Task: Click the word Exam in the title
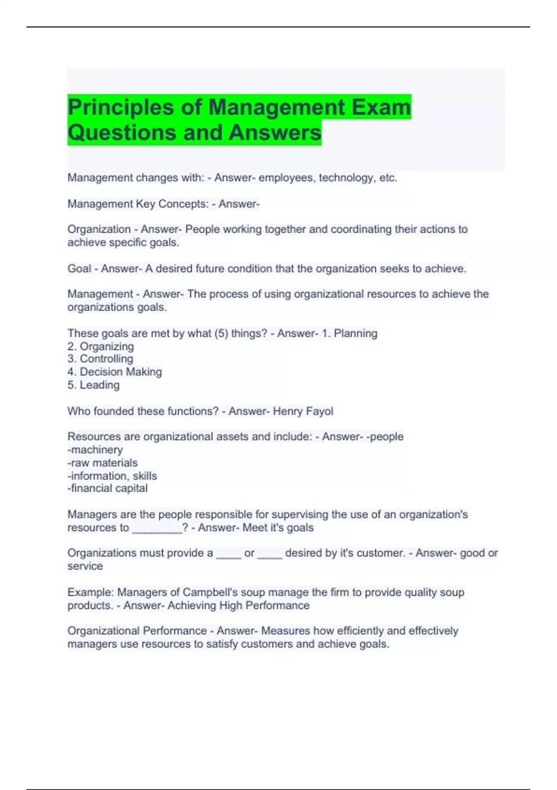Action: [x=381, y=107]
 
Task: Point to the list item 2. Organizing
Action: [x=101, y=346]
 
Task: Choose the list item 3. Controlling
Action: [x=100, y=359]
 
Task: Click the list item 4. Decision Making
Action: [x=115, y=372]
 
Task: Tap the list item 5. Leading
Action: [x=93, y=385]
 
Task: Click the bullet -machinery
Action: [x=95, y=450]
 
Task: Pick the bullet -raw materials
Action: [x=103, y=463]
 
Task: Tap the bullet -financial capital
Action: [x=108, y=488]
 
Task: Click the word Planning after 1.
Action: [x=356, y=333]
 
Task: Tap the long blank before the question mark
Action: [x=157, y=528]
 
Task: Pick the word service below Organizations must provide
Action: [x=85, y=566]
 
